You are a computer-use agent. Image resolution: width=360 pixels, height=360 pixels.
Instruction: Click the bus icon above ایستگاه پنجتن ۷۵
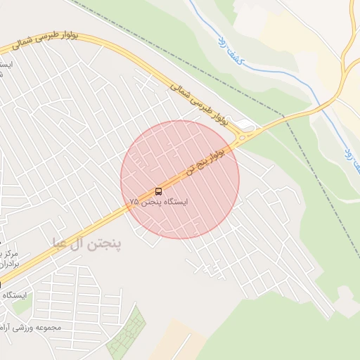coord(158,191)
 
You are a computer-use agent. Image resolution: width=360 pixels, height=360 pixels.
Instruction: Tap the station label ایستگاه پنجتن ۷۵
coord(159,202)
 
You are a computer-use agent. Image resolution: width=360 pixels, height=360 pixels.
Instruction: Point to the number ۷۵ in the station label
coord(134,202)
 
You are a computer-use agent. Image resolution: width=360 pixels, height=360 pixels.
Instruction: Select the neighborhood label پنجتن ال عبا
coord(86,243)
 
